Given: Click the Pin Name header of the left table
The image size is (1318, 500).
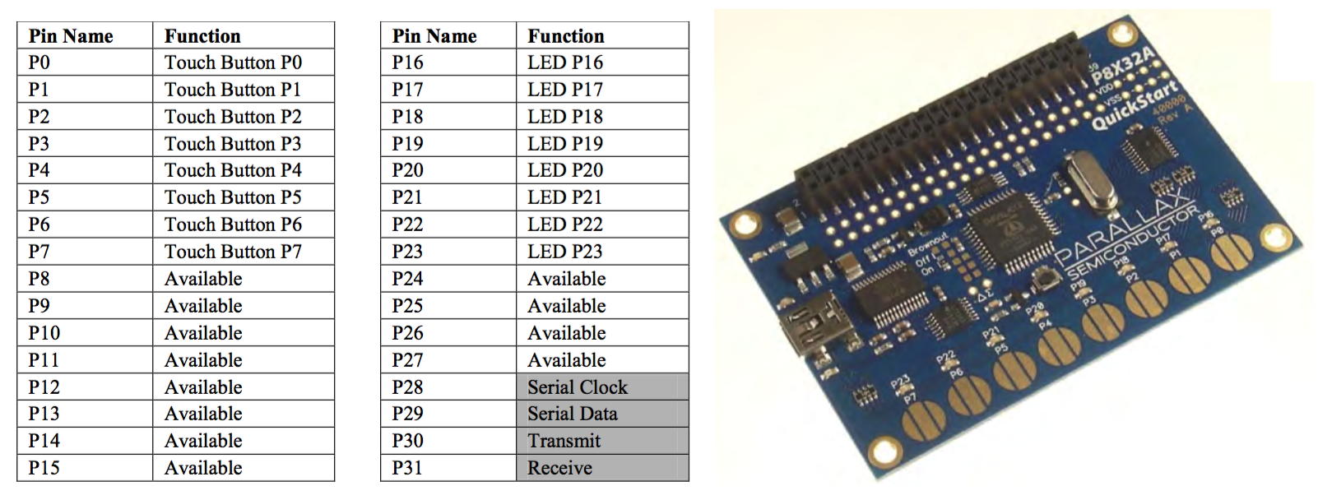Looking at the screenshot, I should click(71, 36).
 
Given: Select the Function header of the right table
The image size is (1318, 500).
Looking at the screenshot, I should click(566, 36).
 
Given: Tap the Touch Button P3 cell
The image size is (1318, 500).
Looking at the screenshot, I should click(233, 144).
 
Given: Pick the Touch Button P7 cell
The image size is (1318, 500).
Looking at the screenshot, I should click(233, 252).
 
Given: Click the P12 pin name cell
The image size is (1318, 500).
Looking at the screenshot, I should click(44, 387).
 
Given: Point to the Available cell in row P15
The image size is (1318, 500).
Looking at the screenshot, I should click(203, 468).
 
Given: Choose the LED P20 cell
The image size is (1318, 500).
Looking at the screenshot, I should click(565, 170).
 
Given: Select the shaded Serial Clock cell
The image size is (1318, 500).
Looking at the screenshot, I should click(578, 387).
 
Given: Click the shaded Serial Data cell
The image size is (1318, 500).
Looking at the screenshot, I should click(573, 414).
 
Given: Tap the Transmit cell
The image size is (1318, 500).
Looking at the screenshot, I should click(564, 441).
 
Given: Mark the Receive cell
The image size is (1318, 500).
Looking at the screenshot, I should click(560, 468).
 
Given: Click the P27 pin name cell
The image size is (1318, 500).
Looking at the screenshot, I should click(407, 360).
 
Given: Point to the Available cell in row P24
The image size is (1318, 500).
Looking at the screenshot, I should click(567, 279).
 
